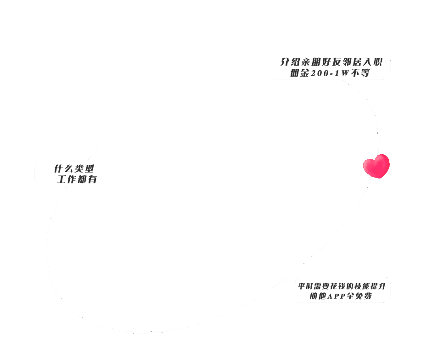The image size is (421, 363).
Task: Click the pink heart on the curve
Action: tap(376, 166)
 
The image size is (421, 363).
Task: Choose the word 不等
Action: tap(361, 73)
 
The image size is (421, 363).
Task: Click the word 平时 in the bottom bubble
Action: tap(305, 286)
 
